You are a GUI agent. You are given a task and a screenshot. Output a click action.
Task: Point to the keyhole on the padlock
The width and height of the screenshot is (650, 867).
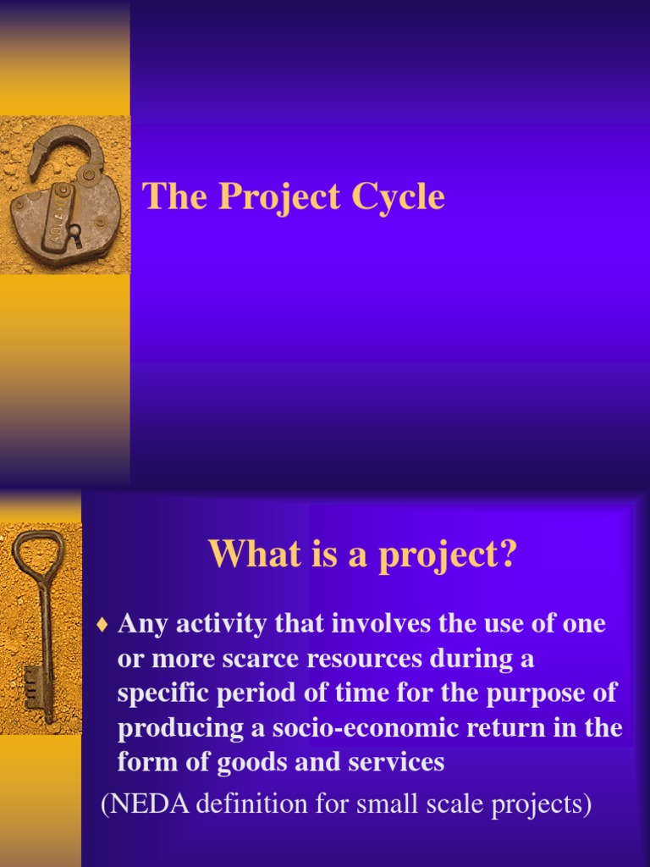pyautogui.click(x=74, y=231)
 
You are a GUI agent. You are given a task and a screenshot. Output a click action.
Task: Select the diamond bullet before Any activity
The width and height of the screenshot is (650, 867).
pyautogui.click(x=103, y=627)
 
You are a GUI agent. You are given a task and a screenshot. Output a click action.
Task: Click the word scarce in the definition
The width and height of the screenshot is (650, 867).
pyautogui.click(x=275, y=659)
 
